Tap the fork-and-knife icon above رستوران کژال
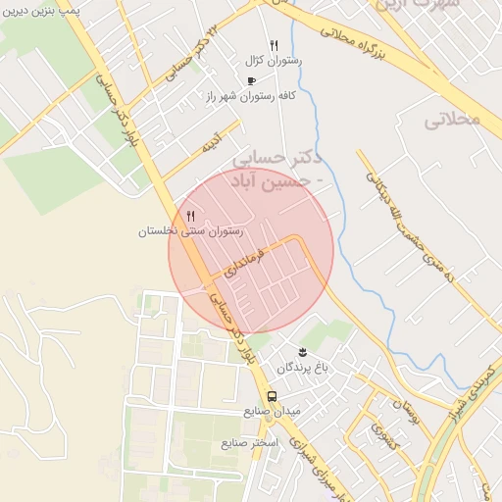274,45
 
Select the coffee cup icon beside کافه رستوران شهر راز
251,80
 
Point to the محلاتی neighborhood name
454,120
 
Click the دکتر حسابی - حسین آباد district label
284,169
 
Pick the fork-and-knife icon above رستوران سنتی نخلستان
190,216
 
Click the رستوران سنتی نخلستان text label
190,232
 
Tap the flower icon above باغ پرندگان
302,351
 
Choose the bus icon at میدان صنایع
272,397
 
